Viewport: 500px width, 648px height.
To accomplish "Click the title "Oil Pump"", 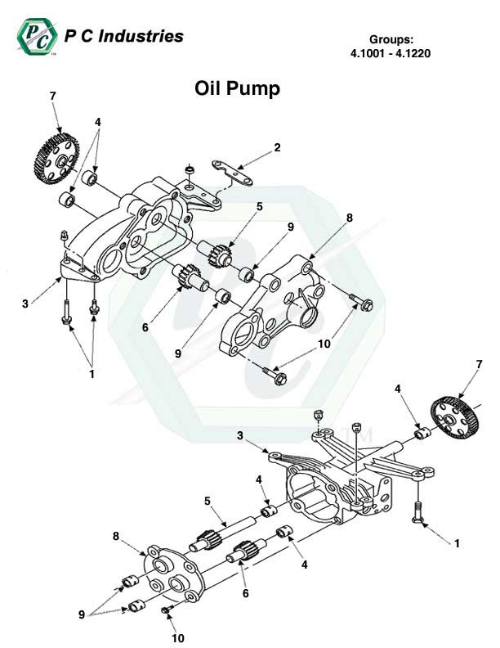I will (237, 88).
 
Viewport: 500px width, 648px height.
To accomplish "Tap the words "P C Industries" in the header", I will (123, 37).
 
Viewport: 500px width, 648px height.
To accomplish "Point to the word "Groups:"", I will (391, 39).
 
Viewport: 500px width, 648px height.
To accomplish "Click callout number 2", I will (278, 148).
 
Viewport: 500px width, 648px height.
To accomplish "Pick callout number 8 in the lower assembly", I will (117, 537).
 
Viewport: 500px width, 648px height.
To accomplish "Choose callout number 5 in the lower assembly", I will (208, 500).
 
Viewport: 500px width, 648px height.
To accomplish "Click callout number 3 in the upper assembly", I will (25, 304).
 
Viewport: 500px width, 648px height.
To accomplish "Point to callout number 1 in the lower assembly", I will (457, 542).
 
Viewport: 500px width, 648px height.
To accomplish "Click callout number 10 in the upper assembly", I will (324, 344).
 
